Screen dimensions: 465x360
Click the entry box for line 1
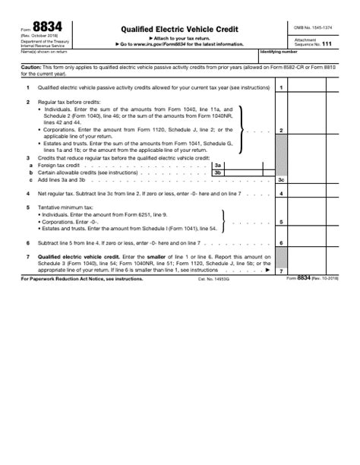coord(317,88)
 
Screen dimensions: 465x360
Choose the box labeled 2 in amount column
coord(317,131)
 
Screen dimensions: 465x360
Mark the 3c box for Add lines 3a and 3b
coord(317,180)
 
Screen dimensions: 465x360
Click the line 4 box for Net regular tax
coord(317,194)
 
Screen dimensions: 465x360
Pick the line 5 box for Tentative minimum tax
coord(317,223)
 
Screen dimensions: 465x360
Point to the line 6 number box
coord(281,242)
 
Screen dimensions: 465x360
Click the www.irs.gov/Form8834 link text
coord(175,44)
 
